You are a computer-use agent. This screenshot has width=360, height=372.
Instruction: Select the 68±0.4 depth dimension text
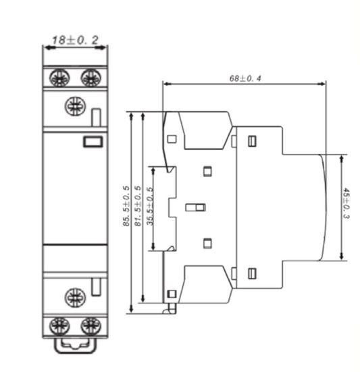[x=245, y=77]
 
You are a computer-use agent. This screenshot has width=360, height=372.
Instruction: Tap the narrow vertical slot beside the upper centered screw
[x=97, y=117]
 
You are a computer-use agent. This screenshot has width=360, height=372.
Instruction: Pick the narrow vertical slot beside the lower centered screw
[x=97, y=286]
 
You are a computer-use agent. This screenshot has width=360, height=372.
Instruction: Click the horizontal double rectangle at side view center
[x=195, y=207]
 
